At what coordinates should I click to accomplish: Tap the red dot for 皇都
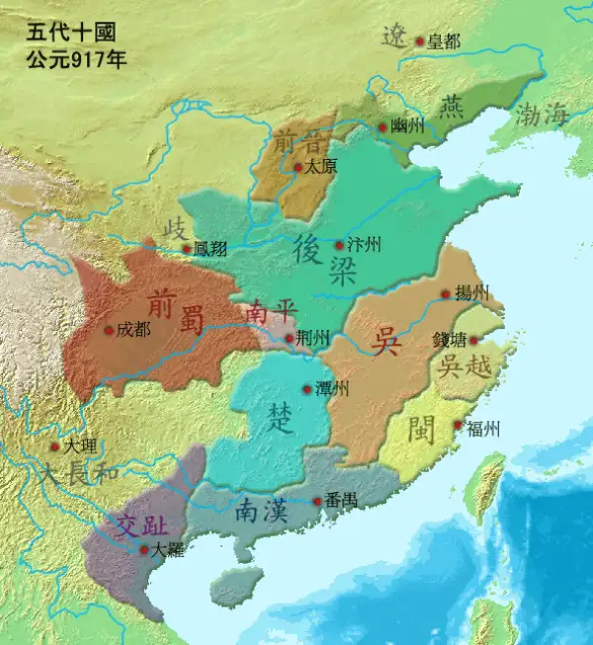[x=419, y=41]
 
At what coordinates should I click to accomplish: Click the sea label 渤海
[x=542, y=115]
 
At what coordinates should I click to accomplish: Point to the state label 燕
[x=451, y=105]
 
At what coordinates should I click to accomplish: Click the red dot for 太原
[x=297, y=168]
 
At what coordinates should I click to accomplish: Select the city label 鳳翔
[x=212, y=249]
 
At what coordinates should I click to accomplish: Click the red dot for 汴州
[x=339, y=244]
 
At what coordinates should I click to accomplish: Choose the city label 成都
[x=133, y=329]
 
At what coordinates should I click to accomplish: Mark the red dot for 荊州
[x=289, y=339]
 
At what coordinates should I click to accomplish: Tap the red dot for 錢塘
[x=472, y=341]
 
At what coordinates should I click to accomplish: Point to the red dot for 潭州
[x=306, y=388]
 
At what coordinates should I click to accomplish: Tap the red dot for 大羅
[x=144, y=550]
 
